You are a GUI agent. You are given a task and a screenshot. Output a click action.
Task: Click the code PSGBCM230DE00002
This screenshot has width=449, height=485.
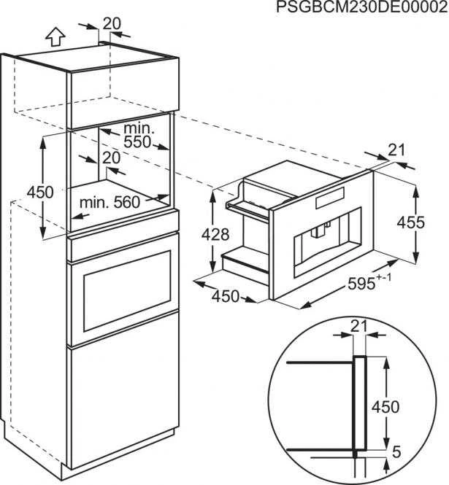[x=362, y=7]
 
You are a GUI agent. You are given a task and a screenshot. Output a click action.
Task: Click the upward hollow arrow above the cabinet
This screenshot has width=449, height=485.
[x=55, y=37]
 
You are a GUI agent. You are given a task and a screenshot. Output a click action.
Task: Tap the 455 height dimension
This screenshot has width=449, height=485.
[x=411, y=222]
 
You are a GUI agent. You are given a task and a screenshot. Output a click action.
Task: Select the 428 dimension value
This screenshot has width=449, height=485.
[x=215, y=234]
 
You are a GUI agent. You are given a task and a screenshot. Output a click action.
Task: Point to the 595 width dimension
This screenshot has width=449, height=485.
[x=361, y=284]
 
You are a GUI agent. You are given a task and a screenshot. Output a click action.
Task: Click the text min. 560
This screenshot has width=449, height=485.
[x=110, y=203]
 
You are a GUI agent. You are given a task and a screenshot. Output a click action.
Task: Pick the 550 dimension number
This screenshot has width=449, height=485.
[x=137, y=141]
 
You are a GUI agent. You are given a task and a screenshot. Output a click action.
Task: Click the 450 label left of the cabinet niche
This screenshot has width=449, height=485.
[x=40, y=192]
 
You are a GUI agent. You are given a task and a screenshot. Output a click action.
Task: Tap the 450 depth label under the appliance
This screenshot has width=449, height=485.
[x=226, y=296]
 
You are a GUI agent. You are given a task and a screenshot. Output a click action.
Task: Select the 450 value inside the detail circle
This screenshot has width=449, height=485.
[x=385, y=406]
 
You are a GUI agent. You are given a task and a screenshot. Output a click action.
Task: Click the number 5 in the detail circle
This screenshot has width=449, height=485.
[x=396, y=452]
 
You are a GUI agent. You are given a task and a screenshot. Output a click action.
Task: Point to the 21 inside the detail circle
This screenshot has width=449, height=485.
[x=358, y=326]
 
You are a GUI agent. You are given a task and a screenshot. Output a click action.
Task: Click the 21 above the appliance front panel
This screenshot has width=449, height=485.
[x=396, y=150]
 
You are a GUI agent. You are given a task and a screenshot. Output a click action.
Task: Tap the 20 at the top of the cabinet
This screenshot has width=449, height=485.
[x=112, y=23]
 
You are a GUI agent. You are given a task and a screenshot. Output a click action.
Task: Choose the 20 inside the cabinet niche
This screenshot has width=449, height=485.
[x=111, y=158]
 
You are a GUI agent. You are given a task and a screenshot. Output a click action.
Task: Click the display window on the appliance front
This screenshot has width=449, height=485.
[x=330, y=198]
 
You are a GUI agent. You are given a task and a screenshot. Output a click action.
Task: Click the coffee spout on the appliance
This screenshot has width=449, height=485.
[x=318, y=231]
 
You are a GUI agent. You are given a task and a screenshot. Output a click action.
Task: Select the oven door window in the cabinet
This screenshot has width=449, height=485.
[x=127, y=292]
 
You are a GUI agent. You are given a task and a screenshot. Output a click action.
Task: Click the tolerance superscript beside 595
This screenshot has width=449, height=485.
[x=384, y=277]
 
